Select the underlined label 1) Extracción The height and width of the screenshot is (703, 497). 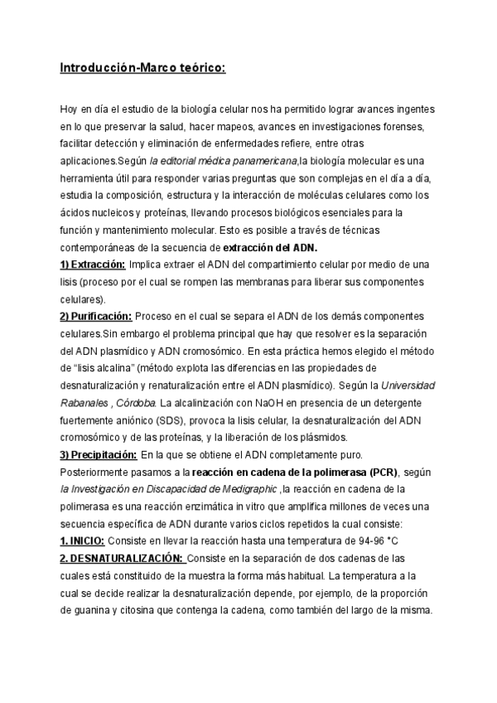[x=92, y=264]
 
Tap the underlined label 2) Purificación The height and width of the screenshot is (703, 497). [x=95, y=316]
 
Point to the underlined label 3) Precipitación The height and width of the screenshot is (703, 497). [x=98, y=454]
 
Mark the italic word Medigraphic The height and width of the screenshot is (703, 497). [x=248, y=489]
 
